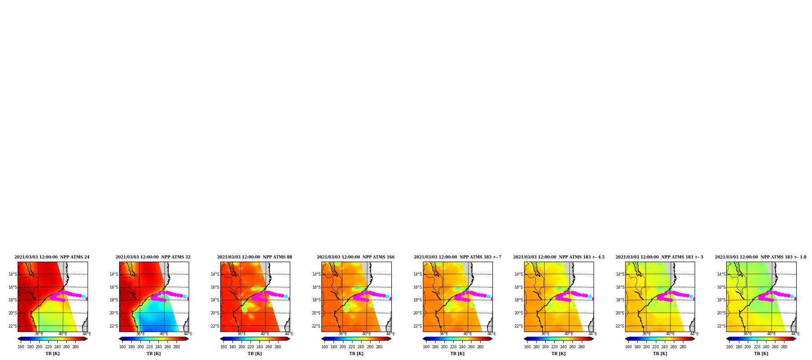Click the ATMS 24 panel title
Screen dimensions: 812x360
[52, 257]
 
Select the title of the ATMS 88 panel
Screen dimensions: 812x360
[255, 257]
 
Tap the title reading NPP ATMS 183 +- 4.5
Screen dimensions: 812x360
[559, 257]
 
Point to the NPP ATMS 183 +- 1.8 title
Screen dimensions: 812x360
[761, 257]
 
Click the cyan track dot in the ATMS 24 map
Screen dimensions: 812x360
[83, 296]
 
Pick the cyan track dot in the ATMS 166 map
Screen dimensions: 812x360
[387, 296]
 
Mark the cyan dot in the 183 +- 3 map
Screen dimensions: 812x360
[691, 296]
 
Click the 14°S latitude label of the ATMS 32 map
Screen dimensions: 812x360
[114, 274]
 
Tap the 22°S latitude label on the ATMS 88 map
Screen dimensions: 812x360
[215, 326]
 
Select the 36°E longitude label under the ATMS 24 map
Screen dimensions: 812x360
[39, 334]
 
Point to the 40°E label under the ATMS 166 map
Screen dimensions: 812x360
[367, 334]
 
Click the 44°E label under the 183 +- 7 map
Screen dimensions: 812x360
[492, 334]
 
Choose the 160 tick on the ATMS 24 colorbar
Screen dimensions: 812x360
[21, 347]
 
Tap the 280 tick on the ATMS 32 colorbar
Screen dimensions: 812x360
[176, 347]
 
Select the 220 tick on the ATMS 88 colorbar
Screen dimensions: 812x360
[251, 347]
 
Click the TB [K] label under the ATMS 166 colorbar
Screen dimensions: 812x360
[356, 354]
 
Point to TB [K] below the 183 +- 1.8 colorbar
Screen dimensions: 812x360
[761, 354]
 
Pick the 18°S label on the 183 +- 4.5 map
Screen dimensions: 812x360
[519, 300]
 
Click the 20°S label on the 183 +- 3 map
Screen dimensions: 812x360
[620, 313]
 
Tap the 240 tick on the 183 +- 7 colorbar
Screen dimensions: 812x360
[462, 347]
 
